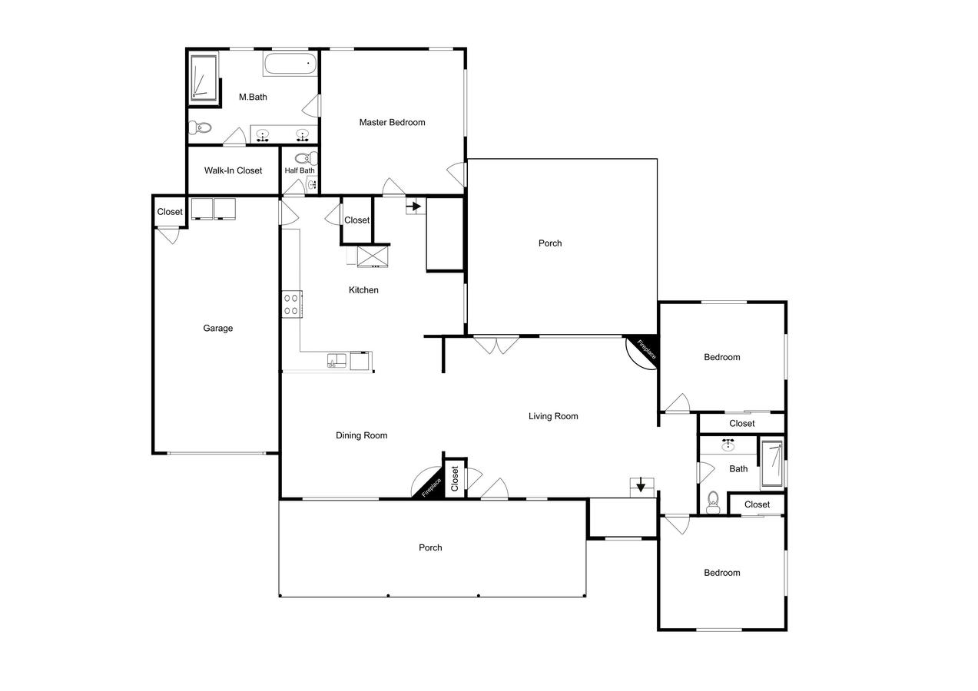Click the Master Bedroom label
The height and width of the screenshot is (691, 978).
[392, 123]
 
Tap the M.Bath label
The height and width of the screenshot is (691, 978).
[253, 97]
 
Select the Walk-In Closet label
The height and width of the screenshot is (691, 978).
[233, 170]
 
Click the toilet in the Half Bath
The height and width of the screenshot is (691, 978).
[307, 157]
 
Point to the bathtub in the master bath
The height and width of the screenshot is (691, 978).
[290, 64]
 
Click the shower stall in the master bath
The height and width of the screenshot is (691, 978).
[204, 78]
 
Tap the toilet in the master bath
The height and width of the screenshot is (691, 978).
[200, 127]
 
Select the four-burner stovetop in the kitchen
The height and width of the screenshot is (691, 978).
[291, 304]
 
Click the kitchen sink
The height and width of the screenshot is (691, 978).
[336, 361]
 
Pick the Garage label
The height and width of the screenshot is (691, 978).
[218, 328]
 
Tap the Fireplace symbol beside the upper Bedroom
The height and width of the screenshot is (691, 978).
[644, 352]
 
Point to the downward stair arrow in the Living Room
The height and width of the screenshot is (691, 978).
[641, 485]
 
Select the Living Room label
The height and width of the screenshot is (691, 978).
[553, 416]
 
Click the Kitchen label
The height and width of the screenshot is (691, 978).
[363, 290]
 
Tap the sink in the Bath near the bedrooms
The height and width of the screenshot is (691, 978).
[728, 445]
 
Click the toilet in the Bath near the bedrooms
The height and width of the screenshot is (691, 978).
[713, 502]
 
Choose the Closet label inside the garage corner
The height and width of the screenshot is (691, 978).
[170, 212]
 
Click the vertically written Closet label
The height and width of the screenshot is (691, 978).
[455, 478]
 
